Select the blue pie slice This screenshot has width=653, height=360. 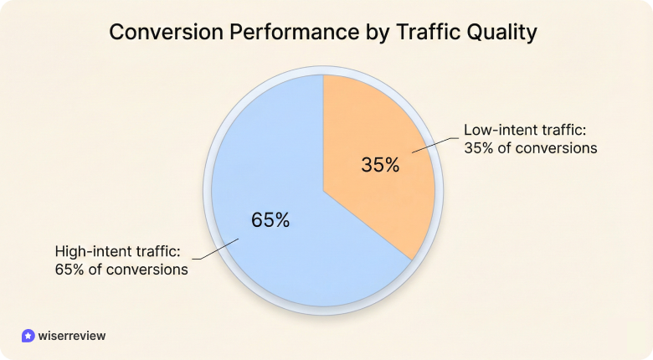tap(268, 243)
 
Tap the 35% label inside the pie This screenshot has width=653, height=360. tap(380, 165)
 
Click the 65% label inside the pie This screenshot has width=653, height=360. tap(270, 220)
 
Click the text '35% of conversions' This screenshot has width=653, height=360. tap(530, 149)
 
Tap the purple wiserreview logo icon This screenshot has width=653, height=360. tap(28, 335)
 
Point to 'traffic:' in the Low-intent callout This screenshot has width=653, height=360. tap(563, 131)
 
